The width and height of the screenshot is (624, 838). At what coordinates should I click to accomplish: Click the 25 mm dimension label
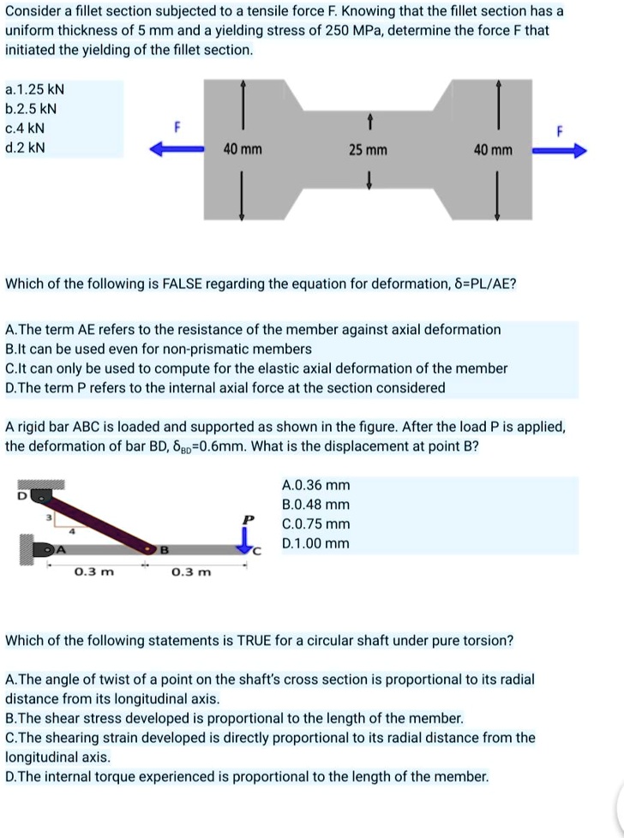368,151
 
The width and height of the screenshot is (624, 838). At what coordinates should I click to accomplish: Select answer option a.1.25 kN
35,89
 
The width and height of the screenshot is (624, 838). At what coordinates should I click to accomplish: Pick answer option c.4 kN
25,128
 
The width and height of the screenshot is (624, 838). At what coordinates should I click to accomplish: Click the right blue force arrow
560,151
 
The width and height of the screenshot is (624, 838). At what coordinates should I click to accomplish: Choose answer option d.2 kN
25,147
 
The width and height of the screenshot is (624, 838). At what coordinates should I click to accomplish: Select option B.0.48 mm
315,505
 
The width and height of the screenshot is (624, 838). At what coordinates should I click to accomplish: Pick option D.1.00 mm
315,543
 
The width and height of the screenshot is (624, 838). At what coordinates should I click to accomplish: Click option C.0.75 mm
315,524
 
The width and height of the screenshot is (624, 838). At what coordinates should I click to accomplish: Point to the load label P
249,520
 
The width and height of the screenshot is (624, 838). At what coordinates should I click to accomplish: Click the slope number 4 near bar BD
71,531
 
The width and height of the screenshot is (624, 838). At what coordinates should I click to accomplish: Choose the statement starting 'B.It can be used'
159,349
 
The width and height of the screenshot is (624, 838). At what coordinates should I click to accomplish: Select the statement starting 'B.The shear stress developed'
234,718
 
